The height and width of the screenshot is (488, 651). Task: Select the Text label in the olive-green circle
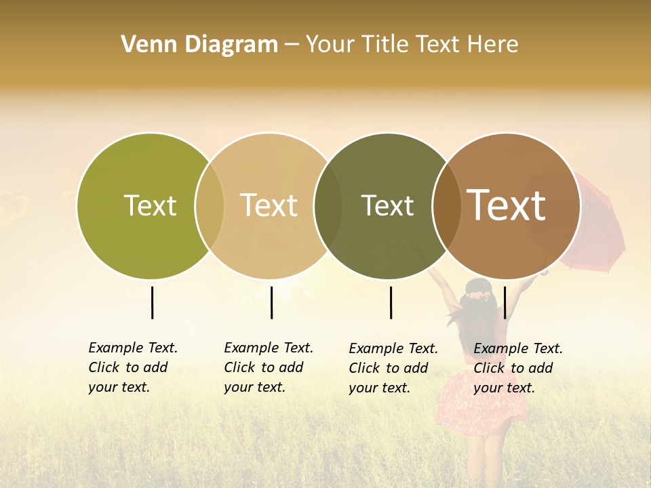click(150, 205)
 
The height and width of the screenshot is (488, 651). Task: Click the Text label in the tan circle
click(269, 205)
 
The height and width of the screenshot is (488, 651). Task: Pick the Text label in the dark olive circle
click(387, 205)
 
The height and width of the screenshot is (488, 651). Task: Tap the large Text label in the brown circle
click(507, 205)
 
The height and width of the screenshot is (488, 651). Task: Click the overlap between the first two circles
click(210, 205)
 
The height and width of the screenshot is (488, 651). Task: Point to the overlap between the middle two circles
click(328, 205)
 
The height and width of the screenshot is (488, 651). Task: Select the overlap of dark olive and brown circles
click(446, 205)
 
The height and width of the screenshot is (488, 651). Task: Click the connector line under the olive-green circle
click(152, 302)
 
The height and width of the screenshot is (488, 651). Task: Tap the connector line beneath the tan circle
click(271, 302)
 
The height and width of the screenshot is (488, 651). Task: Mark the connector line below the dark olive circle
click(391, 302)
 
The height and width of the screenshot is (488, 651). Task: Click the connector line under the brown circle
click(505, 302)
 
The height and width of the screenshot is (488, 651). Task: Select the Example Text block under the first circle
click(133, 367)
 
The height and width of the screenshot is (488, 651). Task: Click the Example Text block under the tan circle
click(269, 367)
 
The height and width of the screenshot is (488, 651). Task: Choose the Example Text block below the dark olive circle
click(393, 368)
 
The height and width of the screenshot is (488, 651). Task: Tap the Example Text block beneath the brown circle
click(518, 368)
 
